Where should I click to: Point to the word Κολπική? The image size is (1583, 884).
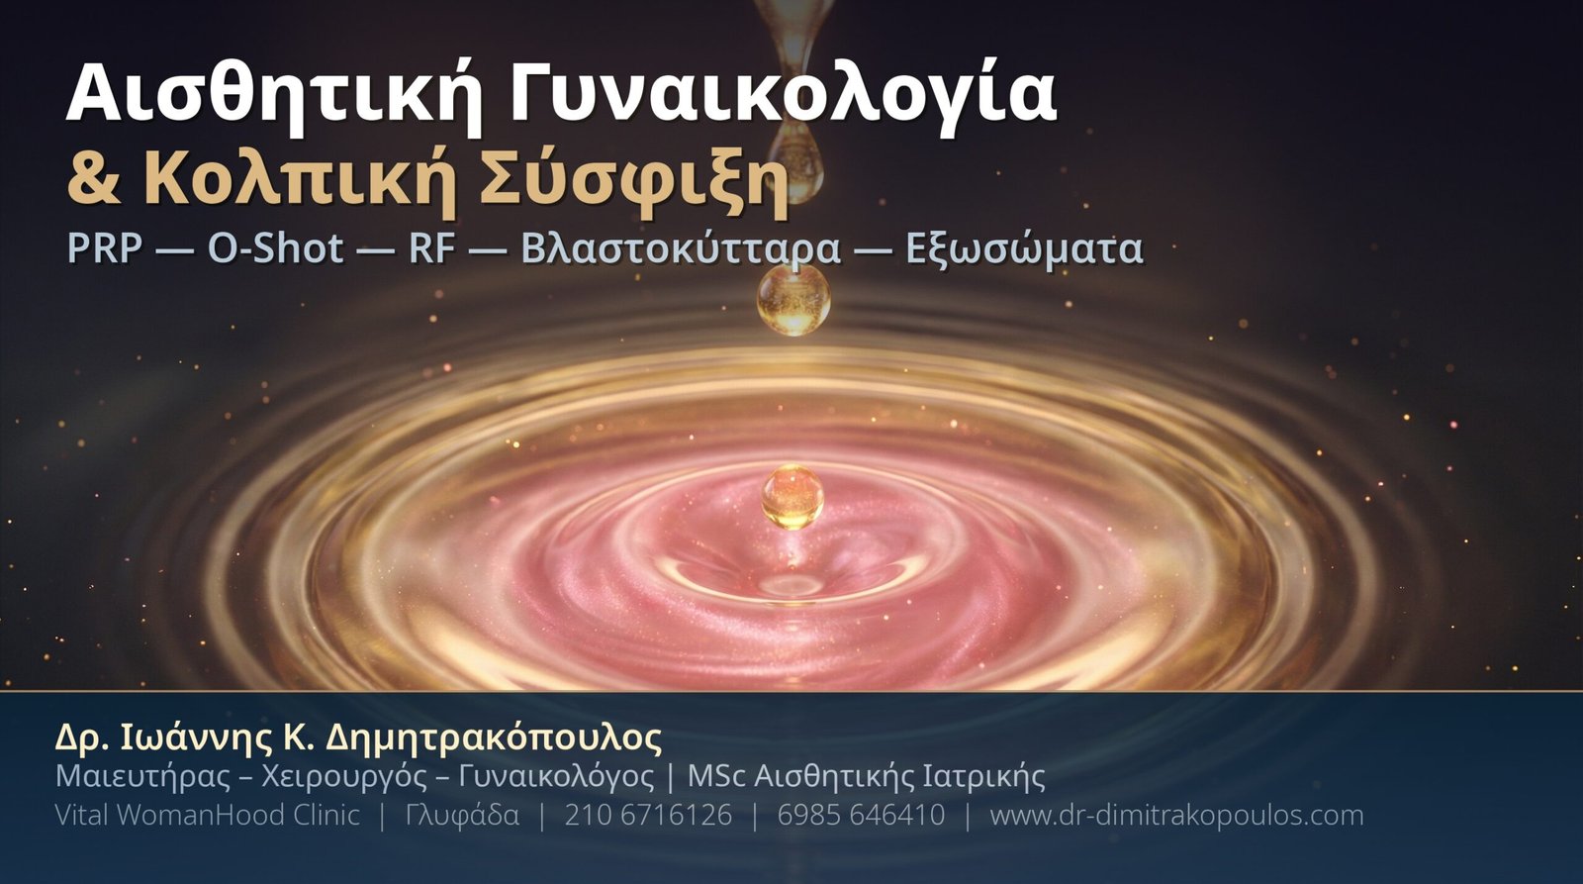pyautogui.click(x=298, y=182)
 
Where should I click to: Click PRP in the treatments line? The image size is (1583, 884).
pyautogui.click(x=105, y=248)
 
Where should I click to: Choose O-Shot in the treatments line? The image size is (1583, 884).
pyautogui.click(x=276, y=248)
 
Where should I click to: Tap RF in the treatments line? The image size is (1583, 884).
pyautogui.click(x=431, y=248)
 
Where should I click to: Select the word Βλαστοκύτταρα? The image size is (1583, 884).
pyautogui.click(x=682, y=249)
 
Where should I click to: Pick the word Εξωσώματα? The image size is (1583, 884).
pyautogui.click(x=1025, y=249)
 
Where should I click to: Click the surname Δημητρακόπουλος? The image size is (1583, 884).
pyautogui.click(x=494, y=738)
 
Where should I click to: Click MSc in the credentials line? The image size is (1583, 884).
pyautogui.click(x=716, y=776)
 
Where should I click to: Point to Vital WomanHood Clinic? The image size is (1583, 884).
pyautogui.click(x=208, y=815)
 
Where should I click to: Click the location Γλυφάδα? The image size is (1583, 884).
pyautogui.click(x=462, y=816)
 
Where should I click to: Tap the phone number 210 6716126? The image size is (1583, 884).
pyautogui.click(x=648, y=815)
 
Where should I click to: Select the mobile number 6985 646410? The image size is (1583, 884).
pyautogui.click(x=861, y=815)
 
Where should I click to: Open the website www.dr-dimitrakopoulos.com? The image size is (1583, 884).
pyautogui.click(x=1176, y=816)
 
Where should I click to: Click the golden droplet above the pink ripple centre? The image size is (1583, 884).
pyautogui.click(x=792, y=497)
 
